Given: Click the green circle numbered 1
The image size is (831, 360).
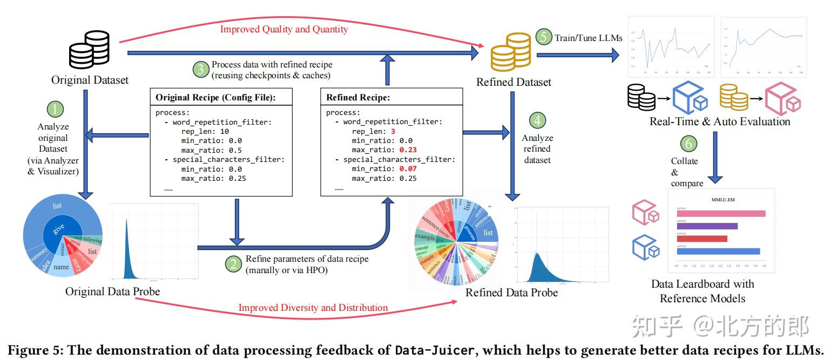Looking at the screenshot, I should [x=55, y=110].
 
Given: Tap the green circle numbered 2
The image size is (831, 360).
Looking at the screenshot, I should [x=233, y=264].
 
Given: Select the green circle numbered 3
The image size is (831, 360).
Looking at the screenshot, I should [x=200, y=69].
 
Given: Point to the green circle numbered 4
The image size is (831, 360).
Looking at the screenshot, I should [x=537, y=120].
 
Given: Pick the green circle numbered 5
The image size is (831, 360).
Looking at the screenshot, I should [x=544, y=37].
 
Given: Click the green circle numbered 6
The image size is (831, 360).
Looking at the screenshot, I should [x=688, y=144].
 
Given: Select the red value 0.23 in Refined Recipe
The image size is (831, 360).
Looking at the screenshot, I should [x=408, y=150].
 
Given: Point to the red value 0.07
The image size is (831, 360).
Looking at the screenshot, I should [x=408, y=169].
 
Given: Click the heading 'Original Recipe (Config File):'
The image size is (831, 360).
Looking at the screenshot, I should [x=220, y=98].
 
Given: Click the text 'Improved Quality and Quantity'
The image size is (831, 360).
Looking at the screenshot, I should [x=284, y=29].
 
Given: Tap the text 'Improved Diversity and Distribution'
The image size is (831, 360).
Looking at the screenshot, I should [x=313, y=308].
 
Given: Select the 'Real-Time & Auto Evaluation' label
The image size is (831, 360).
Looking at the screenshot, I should [x=720, y=121].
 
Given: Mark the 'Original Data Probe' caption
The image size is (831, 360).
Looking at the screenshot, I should [x=112, y=291].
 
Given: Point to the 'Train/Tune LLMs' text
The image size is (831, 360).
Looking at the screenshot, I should [x=589, y=38].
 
